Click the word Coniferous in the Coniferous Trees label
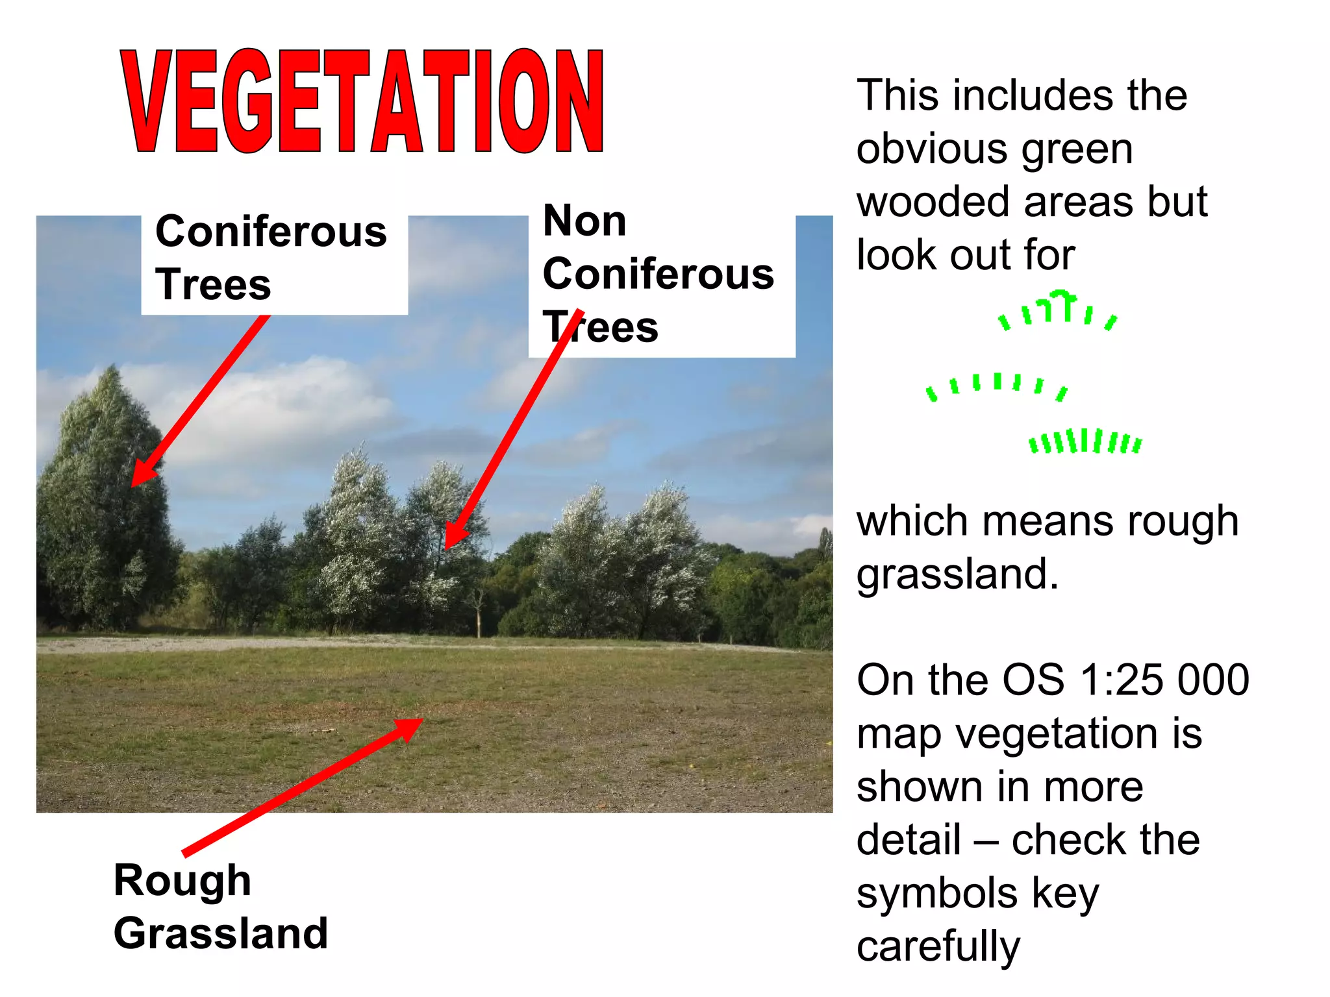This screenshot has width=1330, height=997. [271, 232]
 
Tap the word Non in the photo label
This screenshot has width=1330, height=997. [584, 221]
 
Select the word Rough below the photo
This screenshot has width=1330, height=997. [182, 880]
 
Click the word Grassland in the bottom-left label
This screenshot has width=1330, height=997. [221, 933]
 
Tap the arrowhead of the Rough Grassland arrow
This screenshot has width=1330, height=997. [409, 727]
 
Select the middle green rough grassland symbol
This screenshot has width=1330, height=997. [996, 386]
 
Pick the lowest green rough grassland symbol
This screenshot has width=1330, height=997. [1085, 441]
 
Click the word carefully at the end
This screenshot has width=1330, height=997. [938, 946]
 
